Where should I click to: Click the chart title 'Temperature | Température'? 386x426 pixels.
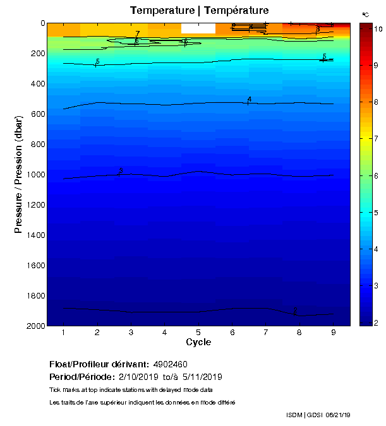pos(199,10)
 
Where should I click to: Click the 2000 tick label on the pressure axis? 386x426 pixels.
pos(35,326)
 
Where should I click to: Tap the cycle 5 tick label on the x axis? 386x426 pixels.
pos(198,333)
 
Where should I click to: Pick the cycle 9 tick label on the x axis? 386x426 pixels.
pos(333,333)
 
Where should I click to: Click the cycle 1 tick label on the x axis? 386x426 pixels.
pos(64,333)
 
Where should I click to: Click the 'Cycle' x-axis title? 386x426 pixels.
pos(198,343)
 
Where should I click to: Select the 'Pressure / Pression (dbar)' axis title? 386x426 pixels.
pos(18,175)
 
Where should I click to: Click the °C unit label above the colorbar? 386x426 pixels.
pos(366,14)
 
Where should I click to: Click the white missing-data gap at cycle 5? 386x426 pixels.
pos(198,28)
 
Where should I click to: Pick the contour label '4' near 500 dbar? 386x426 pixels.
pos(250,100)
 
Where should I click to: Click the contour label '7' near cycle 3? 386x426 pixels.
pos(137,34)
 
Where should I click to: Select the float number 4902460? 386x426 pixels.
pos(171,365)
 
